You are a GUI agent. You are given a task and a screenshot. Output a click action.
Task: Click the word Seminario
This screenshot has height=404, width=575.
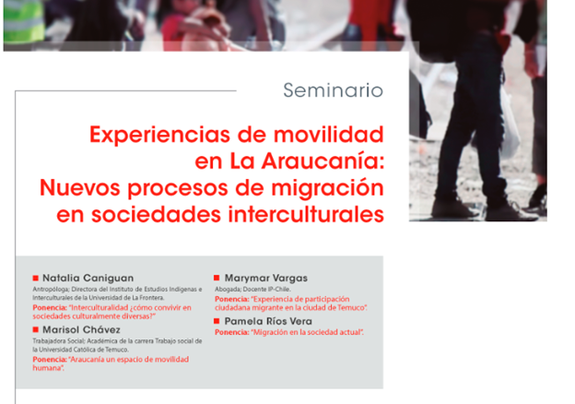pyautogui.click(x=333, y=90)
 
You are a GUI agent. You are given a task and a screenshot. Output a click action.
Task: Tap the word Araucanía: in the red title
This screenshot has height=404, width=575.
pyautogui.click(x=323, y=160)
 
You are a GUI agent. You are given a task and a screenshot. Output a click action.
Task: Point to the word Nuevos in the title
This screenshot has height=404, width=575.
pyautogui.click(x=81, y=187)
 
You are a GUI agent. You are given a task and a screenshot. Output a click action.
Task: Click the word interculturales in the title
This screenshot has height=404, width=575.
pyautogui.click(x=306, y=214)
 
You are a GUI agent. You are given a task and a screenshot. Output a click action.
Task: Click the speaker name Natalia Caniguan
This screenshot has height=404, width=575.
pyautogui.click(x=88, y=279)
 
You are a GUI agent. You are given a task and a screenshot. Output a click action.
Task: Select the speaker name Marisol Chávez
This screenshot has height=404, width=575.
pyautogui.click(x=81, y=329)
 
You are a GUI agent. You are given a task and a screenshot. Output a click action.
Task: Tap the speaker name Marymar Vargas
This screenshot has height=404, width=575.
pyautogui.click(x=266, y=279)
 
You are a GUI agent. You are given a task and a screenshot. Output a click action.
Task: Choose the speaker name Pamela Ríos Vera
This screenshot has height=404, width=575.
pyautogui.click(x=268, y=321)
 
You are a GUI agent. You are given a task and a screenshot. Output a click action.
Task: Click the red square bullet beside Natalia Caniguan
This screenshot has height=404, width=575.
pyautogui.click(x=36, y=278)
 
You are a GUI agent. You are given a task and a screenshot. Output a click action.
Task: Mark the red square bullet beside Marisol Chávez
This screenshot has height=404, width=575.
pyautogui.click(x=36, y=329)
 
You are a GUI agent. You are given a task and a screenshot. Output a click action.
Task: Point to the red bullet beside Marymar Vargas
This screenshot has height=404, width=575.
pyautogui.click(x=217, y=278)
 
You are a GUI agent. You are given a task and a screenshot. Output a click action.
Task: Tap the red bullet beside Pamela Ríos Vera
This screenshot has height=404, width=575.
pyautogui.click(x=217, y=321)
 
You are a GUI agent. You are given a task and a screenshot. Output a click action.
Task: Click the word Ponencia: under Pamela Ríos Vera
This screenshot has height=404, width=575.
pyautogui.click(x=232, y=332)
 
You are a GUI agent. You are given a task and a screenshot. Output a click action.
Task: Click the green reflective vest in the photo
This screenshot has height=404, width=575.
pyautogui.click(x=24, y=20)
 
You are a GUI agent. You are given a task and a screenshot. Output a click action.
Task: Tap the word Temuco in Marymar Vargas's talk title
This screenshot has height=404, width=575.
pyautogui.click(x=352, y=307)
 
